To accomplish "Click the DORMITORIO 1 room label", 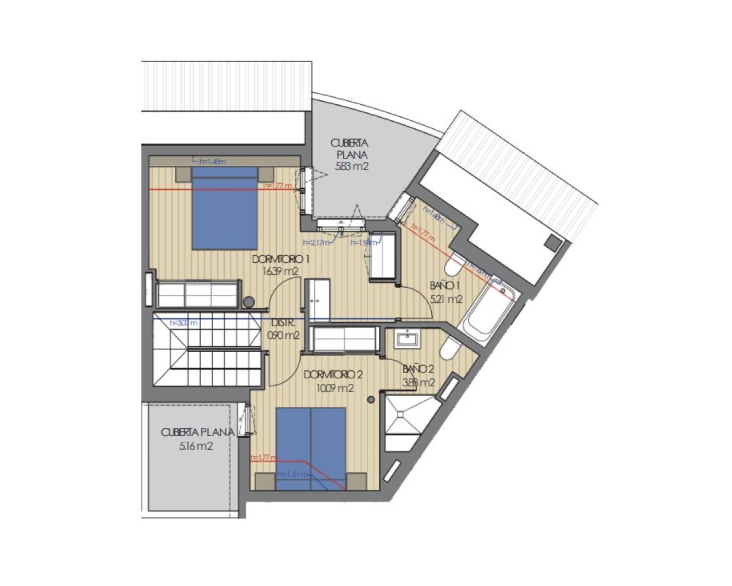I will (x=280, y=259).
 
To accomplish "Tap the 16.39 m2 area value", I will (x=280, y=272).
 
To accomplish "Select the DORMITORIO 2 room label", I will (x=333, y=375).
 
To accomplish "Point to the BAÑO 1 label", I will (x=445, y=286).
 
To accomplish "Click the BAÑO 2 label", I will (x=419, y=369).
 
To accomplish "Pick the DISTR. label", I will (x=283, y=323).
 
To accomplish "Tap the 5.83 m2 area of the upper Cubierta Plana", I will (x=352, y=167).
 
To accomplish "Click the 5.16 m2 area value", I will (x=196, y=446).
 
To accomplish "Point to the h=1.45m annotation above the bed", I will (x=212, y=162).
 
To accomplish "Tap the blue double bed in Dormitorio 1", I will (x=224, y=209).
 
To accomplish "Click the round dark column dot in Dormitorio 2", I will (x=372, y=399).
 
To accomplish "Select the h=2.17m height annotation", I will (x=316, y=243).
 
